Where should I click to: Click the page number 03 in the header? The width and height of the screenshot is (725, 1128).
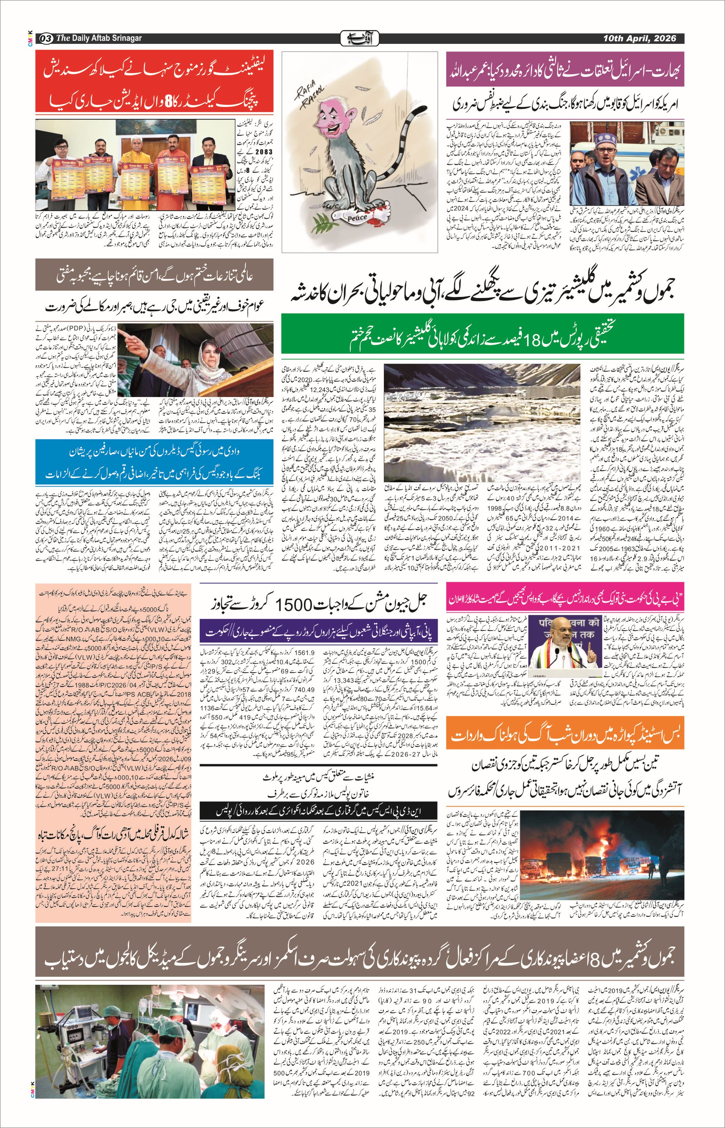(x=46, y=38)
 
